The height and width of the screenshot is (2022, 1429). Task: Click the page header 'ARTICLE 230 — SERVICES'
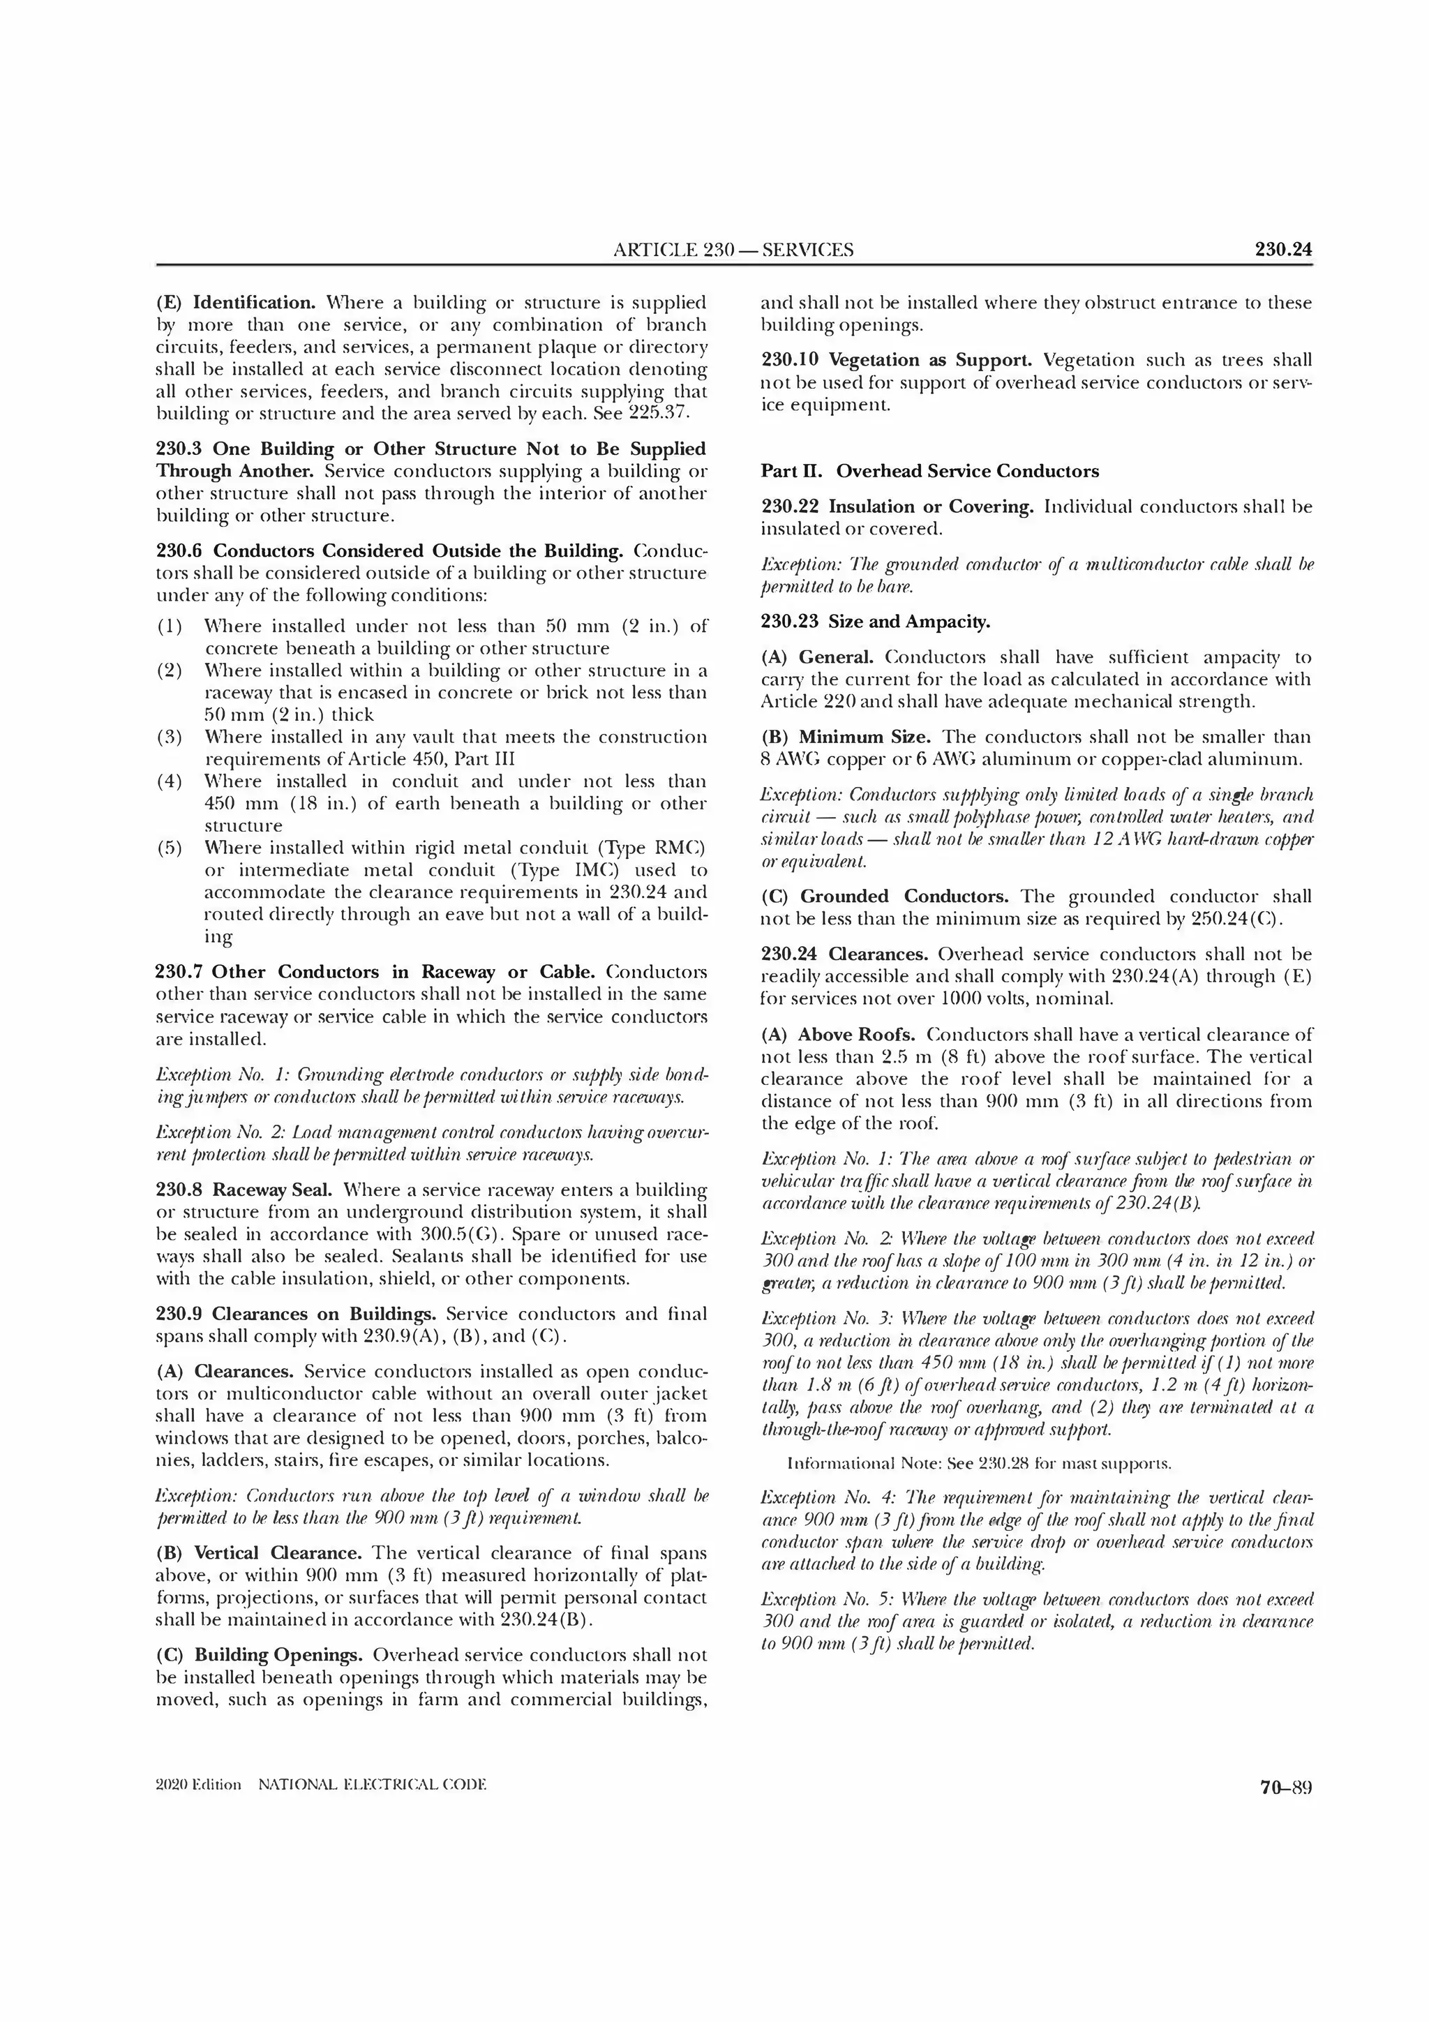733,249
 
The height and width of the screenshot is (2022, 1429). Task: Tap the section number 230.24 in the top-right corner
1283,249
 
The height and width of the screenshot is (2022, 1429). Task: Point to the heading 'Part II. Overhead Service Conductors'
930,471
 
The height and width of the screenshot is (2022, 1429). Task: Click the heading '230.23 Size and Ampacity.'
875,622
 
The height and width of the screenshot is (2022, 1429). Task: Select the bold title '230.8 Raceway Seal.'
244,1190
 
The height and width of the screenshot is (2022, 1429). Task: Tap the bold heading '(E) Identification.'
236,303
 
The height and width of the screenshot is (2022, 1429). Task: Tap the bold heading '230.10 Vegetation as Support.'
899,360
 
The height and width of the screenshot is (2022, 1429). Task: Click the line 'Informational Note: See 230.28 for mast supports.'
978,1464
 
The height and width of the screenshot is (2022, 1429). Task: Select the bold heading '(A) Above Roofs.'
840,1035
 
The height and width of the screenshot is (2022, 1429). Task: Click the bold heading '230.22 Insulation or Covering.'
898,507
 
